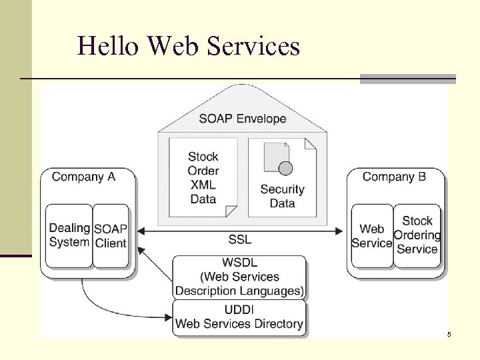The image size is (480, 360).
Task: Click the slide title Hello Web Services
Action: pos(189,46)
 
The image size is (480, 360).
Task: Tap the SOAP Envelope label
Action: pos(242,119)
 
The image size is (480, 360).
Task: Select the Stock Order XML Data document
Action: pos(203,177)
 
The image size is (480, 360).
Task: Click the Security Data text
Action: pos(282,196)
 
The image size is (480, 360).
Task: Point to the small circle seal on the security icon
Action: pos(285,167)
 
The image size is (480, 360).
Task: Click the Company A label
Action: pos(83,177)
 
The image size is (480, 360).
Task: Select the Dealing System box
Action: pos(69,235)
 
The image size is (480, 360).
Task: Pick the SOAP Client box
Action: pos(110,235)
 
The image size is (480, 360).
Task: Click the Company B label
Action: pos(394,177)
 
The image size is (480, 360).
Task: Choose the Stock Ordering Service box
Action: pos(417,235)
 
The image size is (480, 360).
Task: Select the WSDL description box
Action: pos(240,277)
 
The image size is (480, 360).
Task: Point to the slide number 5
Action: pos(449,333)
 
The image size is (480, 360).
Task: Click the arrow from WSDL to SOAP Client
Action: pos(155,263)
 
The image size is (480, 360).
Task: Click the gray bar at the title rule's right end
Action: pos(407,79)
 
